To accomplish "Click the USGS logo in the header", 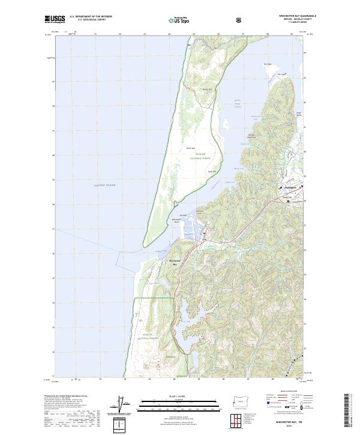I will pyautogui.click(x=55, y=19).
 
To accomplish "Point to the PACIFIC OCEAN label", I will pyautogui.click(x=104, y=187).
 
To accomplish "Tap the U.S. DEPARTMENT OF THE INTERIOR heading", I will pyautogui.click(x=91, y=16).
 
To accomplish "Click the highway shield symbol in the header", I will pyautogui.click(x=240, y=20).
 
